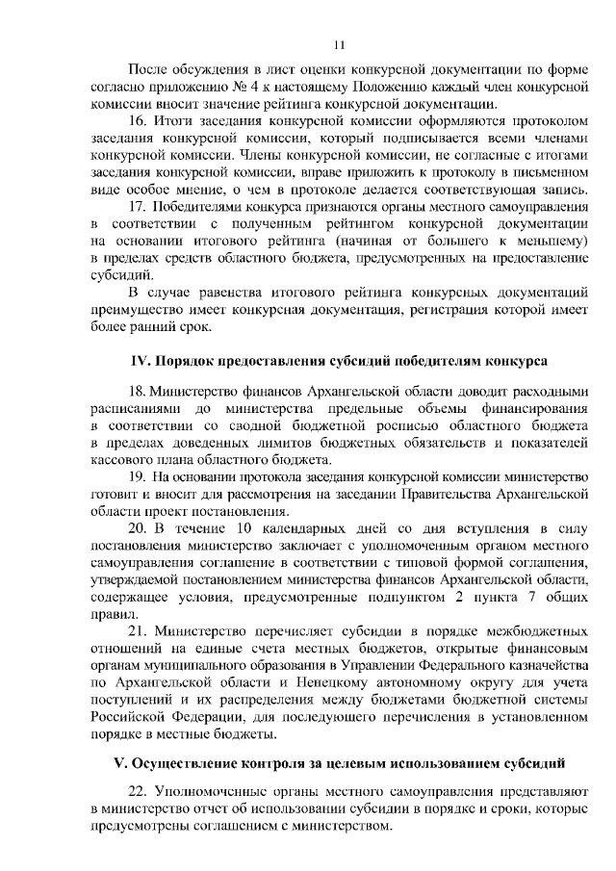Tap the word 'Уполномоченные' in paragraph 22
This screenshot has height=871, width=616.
click(210, 791)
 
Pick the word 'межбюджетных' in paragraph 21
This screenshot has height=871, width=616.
click(540, 632)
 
